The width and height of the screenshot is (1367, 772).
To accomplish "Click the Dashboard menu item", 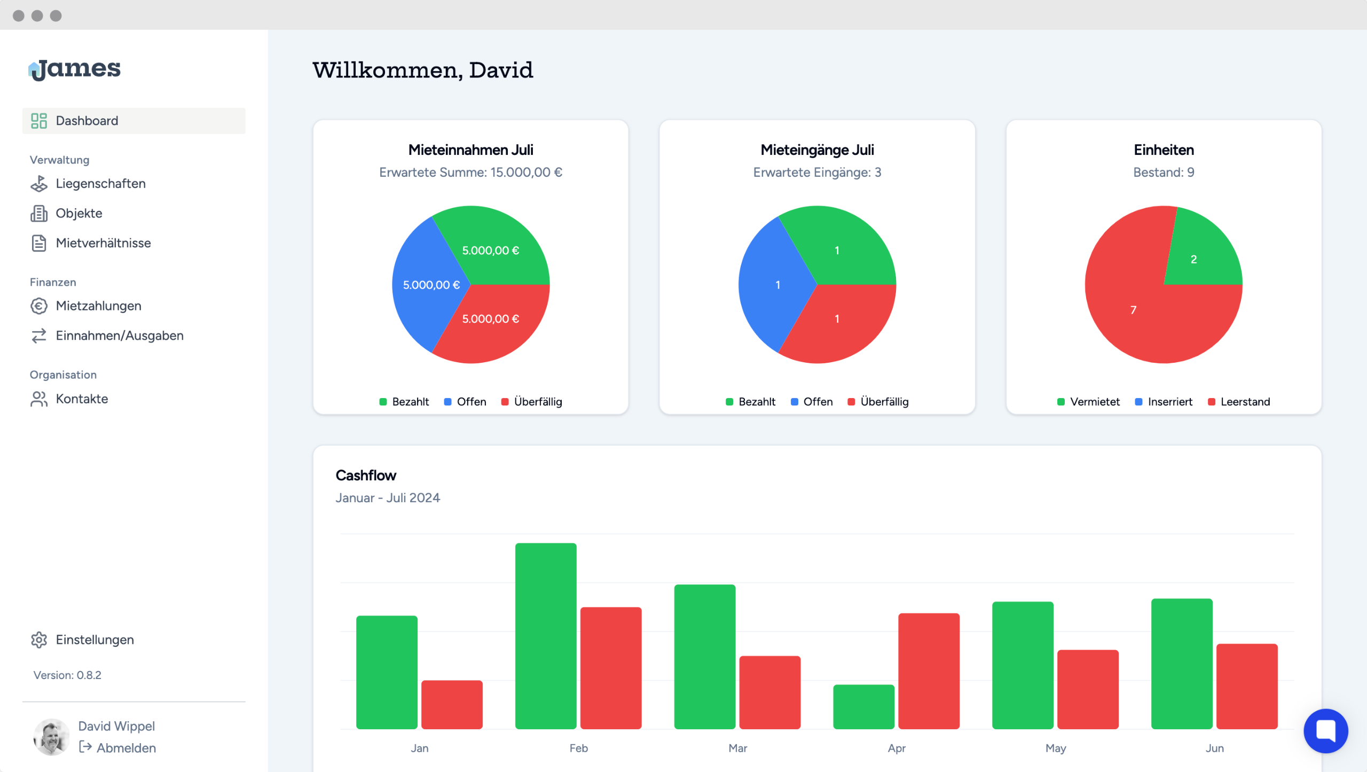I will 87,121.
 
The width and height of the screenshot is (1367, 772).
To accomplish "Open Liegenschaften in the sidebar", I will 100,184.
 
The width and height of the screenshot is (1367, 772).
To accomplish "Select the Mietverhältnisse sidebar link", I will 103,243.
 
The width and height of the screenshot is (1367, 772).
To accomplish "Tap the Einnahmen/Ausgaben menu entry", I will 119,336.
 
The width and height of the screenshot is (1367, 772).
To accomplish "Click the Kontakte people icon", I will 38,399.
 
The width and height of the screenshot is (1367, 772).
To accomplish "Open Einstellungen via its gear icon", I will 38,640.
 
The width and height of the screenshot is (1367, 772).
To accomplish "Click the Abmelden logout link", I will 125,748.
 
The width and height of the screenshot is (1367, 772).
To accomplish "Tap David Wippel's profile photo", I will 51,737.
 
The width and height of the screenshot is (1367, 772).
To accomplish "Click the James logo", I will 75,69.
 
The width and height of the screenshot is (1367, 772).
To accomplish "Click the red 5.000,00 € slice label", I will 490,319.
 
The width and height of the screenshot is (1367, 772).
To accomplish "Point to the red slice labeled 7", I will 1133,310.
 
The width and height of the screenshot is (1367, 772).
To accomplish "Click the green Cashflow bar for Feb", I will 546,636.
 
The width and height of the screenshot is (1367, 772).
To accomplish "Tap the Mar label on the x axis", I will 737,748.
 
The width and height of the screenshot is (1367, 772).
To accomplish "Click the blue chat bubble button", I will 1325,730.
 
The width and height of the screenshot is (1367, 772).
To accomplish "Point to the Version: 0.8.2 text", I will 67,675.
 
